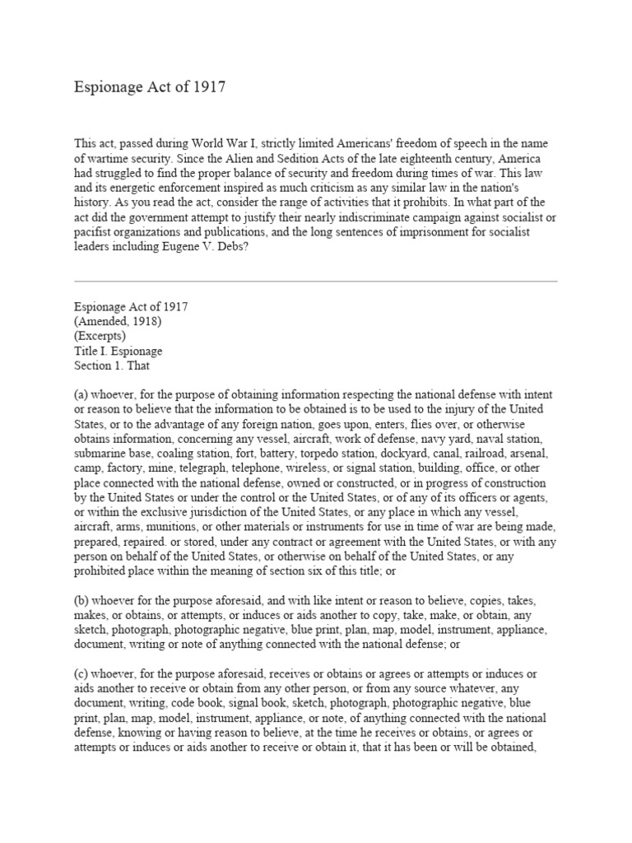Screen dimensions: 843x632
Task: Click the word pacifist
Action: pyautogui.click(x=94, y=231)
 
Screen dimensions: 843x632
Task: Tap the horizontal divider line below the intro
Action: pyautogui.click(x=316, y=282)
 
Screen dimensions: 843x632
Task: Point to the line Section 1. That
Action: pyautogui.click(x=112, y=366)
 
